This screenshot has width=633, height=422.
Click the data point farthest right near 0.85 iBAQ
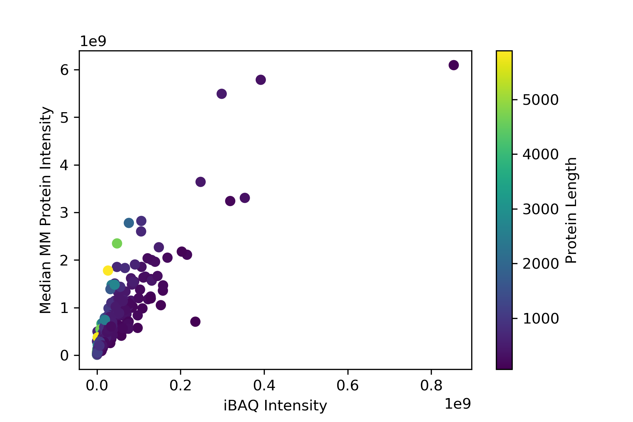[454, 65]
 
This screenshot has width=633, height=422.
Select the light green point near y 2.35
[117, 243]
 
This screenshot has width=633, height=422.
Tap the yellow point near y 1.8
[108, 270]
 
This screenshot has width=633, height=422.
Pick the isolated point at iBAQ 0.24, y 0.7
[195, 321]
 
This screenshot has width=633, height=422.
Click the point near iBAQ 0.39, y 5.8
[261, 80]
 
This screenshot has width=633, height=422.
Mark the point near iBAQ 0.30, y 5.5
[222, 94]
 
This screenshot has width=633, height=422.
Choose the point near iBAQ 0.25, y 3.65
[200, 182]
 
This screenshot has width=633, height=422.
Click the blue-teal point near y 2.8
[129, 223]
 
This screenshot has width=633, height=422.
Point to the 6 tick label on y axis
[64, 70]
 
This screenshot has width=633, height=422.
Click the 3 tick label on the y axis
[64, 213]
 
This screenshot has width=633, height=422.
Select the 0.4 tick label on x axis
[264, 386]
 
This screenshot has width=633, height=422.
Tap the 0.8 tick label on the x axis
[431, 386]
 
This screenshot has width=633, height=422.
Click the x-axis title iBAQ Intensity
[275, 405]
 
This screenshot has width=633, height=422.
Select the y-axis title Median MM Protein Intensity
[46, 210]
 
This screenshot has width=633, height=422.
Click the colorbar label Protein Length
[572, 210]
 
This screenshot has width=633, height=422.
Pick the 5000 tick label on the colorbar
[541, 100]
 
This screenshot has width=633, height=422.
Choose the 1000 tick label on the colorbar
[541, 319]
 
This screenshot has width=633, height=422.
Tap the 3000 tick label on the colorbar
[541, 209]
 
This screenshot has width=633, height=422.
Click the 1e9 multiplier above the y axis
[93, 41]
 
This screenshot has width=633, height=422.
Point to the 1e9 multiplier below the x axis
[458, 404]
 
